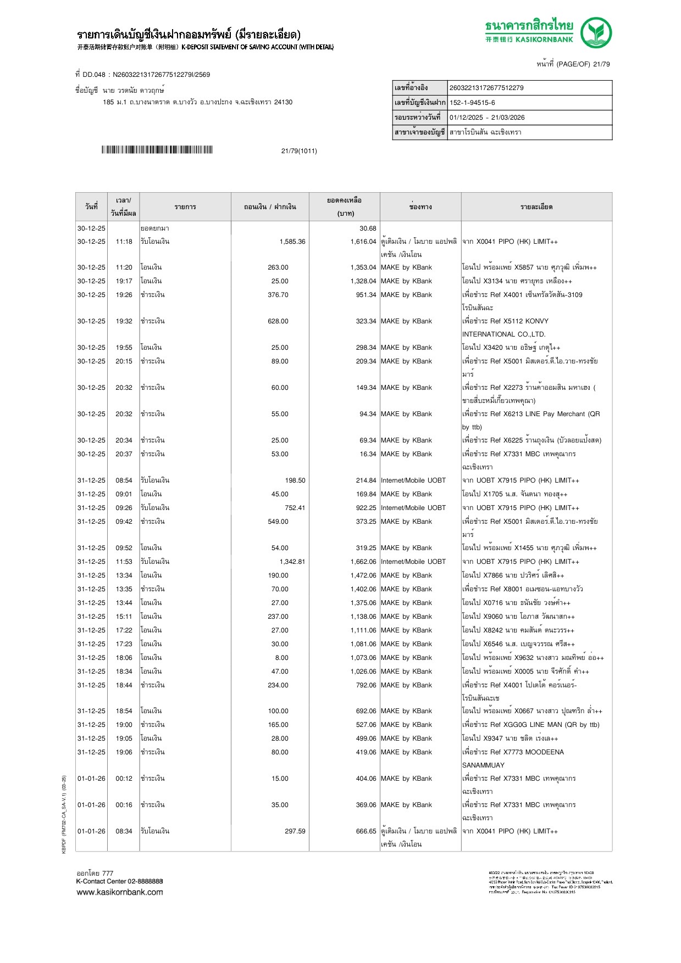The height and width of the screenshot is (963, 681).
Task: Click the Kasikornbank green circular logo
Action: click(596, 32)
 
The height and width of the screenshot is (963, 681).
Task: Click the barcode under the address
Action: click(157, 150)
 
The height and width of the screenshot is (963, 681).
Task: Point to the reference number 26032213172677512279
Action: click(486, 88)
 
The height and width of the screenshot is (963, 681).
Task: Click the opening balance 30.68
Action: click(368, 228)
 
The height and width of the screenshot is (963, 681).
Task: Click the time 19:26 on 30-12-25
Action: click(124, 295)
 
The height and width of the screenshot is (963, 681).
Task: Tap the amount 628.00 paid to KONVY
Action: click(278, 321)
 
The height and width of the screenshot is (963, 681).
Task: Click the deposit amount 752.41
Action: click(295, 508)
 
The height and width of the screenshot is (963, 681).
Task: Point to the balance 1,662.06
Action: click(363, 562)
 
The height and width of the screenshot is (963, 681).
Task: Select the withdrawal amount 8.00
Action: click(281, 658)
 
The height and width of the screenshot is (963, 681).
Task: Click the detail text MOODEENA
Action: click(541, 752)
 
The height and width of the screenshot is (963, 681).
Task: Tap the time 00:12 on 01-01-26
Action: click(124, 779)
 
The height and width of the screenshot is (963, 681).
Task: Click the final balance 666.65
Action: click(366, 831)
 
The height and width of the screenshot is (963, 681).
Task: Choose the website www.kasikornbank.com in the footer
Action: click(120, 892)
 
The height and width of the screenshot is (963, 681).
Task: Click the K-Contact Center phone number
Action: click(145, 881)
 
